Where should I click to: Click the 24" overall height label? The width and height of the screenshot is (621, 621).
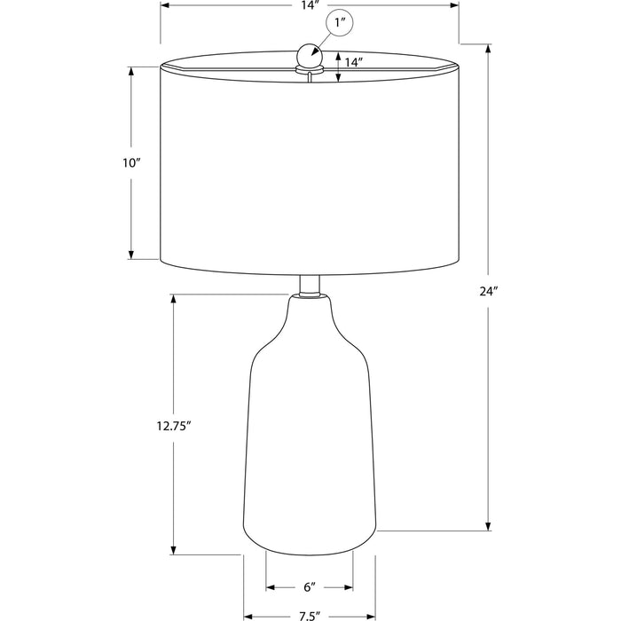488,292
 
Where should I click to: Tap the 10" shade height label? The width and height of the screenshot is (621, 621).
131,162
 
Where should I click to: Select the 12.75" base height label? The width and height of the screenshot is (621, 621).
174,426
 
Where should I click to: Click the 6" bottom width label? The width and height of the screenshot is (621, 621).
310,587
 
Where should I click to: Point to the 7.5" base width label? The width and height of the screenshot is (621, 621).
310,617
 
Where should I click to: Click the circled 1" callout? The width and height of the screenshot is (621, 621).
339,23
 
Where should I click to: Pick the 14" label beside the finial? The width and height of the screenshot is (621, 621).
354,63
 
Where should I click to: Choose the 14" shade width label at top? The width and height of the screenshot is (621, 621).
310,5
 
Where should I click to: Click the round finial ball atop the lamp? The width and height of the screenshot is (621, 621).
310,55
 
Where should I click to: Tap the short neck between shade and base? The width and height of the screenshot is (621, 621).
310,285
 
